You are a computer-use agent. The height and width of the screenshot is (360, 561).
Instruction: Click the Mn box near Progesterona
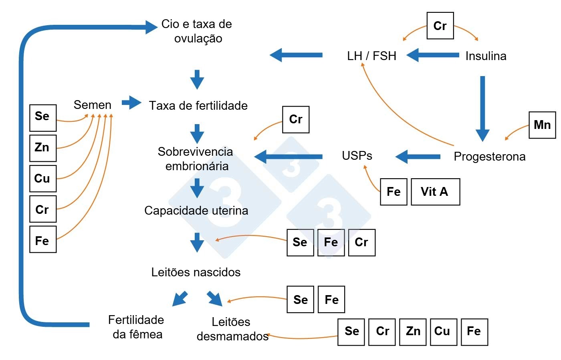coord(542,125)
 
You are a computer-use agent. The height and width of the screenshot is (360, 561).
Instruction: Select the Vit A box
coord(435,192)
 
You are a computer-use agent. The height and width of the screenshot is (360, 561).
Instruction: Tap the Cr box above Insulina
coord(440,26)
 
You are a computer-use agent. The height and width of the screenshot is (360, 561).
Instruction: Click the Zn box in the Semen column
coord(43,148)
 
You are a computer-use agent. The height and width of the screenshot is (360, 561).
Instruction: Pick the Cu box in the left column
coord(43,179)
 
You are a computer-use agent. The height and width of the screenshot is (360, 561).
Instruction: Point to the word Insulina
coord(486,56)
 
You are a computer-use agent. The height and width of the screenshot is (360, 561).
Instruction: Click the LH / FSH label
coord(371,56)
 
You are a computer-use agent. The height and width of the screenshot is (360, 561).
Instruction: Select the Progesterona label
coord(489,157)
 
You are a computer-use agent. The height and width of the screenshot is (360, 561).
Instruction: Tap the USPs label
coord(357,156)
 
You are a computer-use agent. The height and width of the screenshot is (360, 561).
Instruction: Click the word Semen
coord(93,105)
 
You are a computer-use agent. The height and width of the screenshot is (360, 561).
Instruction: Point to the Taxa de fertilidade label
coord(198,106)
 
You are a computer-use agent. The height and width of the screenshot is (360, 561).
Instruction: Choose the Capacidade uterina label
coord(196,211)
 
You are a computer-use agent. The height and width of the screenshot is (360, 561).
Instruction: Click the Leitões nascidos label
coord(196,272)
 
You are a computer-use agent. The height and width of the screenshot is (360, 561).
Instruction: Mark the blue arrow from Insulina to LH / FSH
coord(433,55)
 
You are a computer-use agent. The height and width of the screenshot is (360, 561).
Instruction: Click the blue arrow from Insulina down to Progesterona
coord(482,108)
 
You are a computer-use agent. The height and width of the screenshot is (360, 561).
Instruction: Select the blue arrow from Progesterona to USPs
coord(418,157)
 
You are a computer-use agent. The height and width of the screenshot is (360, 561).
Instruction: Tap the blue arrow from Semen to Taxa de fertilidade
coord(131,103)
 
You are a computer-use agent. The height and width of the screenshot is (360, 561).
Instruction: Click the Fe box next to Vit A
coord(394,192)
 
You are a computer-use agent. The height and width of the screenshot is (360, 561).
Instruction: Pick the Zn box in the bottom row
coord(413,332)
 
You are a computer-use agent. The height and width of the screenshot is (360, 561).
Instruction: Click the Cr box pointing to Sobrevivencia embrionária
coord(296,119)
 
